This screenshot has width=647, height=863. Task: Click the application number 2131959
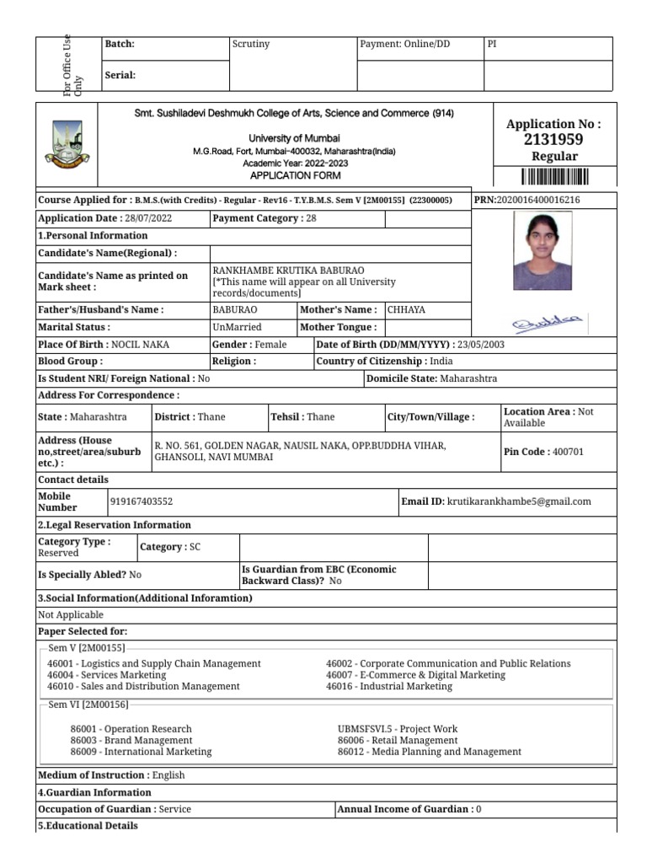(553, 140)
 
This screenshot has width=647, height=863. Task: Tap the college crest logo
(68, 144)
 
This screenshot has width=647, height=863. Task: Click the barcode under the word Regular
(553, 176)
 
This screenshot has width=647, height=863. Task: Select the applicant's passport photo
(543, 250)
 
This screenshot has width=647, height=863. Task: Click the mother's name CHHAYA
(407, 309)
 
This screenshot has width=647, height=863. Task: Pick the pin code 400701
(568, 452)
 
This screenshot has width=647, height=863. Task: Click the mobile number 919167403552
(142, 501)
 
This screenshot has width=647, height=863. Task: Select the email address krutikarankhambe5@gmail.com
(519, 501)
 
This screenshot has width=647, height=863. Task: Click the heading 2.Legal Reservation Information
(115, 524)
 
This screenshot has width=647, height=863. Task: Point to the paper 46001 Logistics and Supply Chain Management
(154, 663)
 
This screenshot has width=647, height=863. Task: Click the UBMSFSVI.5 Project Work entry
(398, 729)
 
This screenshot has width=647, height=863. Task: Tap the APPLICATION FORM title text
(294, 175)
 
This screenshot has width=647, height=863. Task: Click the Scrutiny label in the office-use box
(250, 44)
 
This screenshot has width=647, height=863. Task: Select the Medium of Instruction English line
(111, 775)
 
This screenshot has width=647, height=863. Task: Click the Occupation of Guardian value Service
(175, 809)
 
